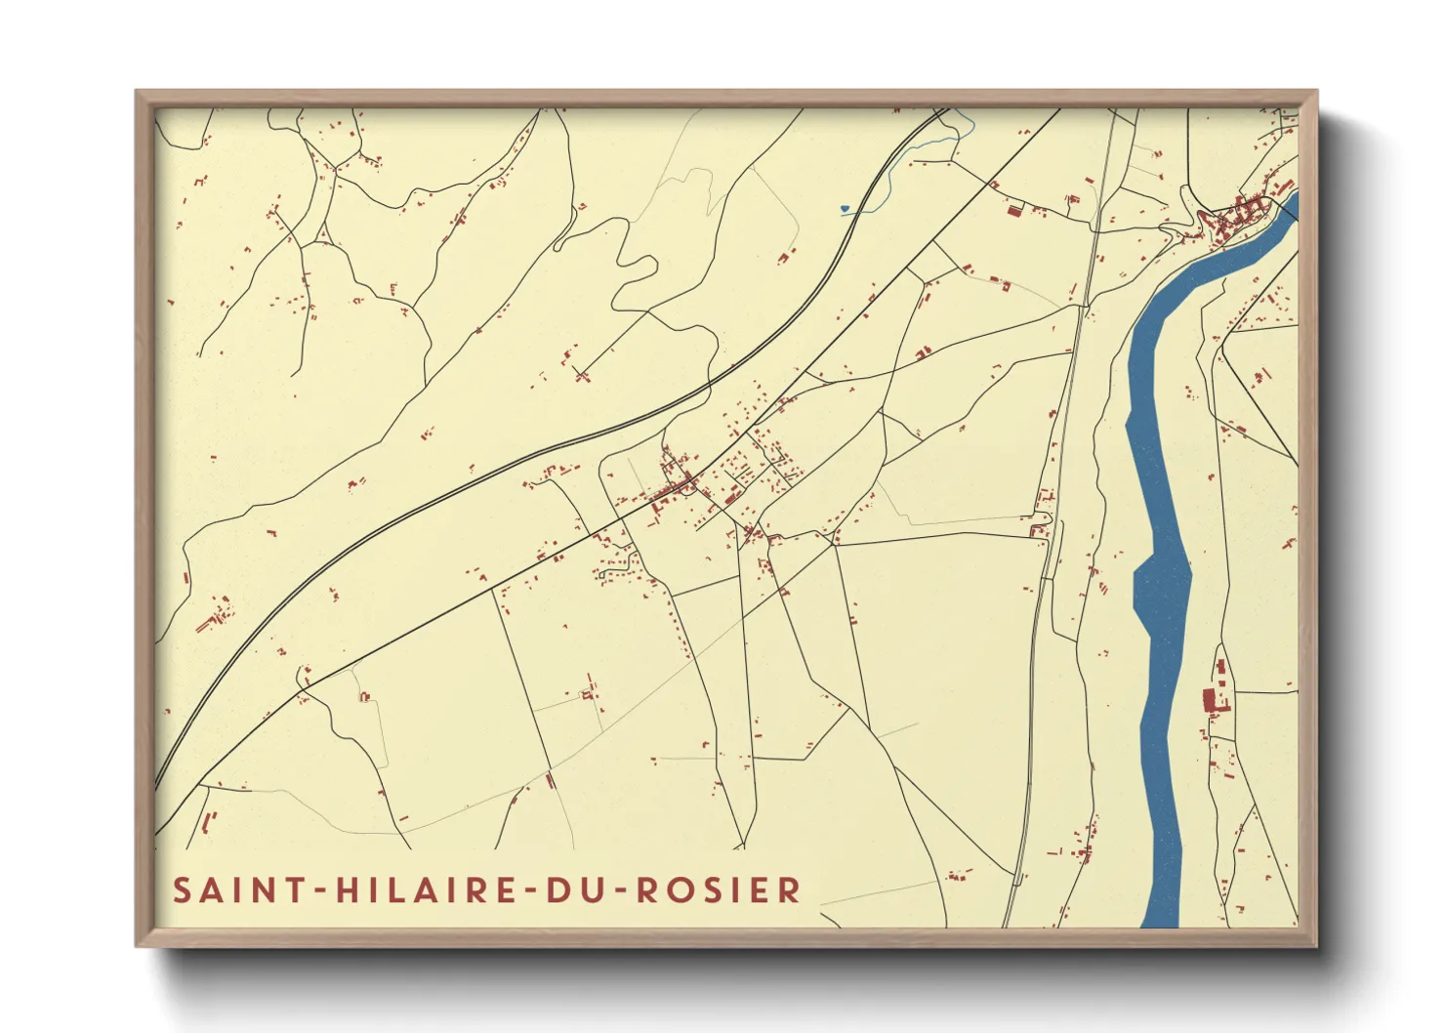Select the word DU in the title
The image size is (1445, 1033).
click(x=570, y=890)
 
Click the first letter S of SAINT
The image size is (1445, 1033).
click(x=183, y=890)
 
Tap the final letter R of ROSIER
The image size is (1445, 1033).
click(x=792, y=890)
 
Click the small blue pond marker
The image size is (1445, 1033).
click(x=844, y=208)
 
